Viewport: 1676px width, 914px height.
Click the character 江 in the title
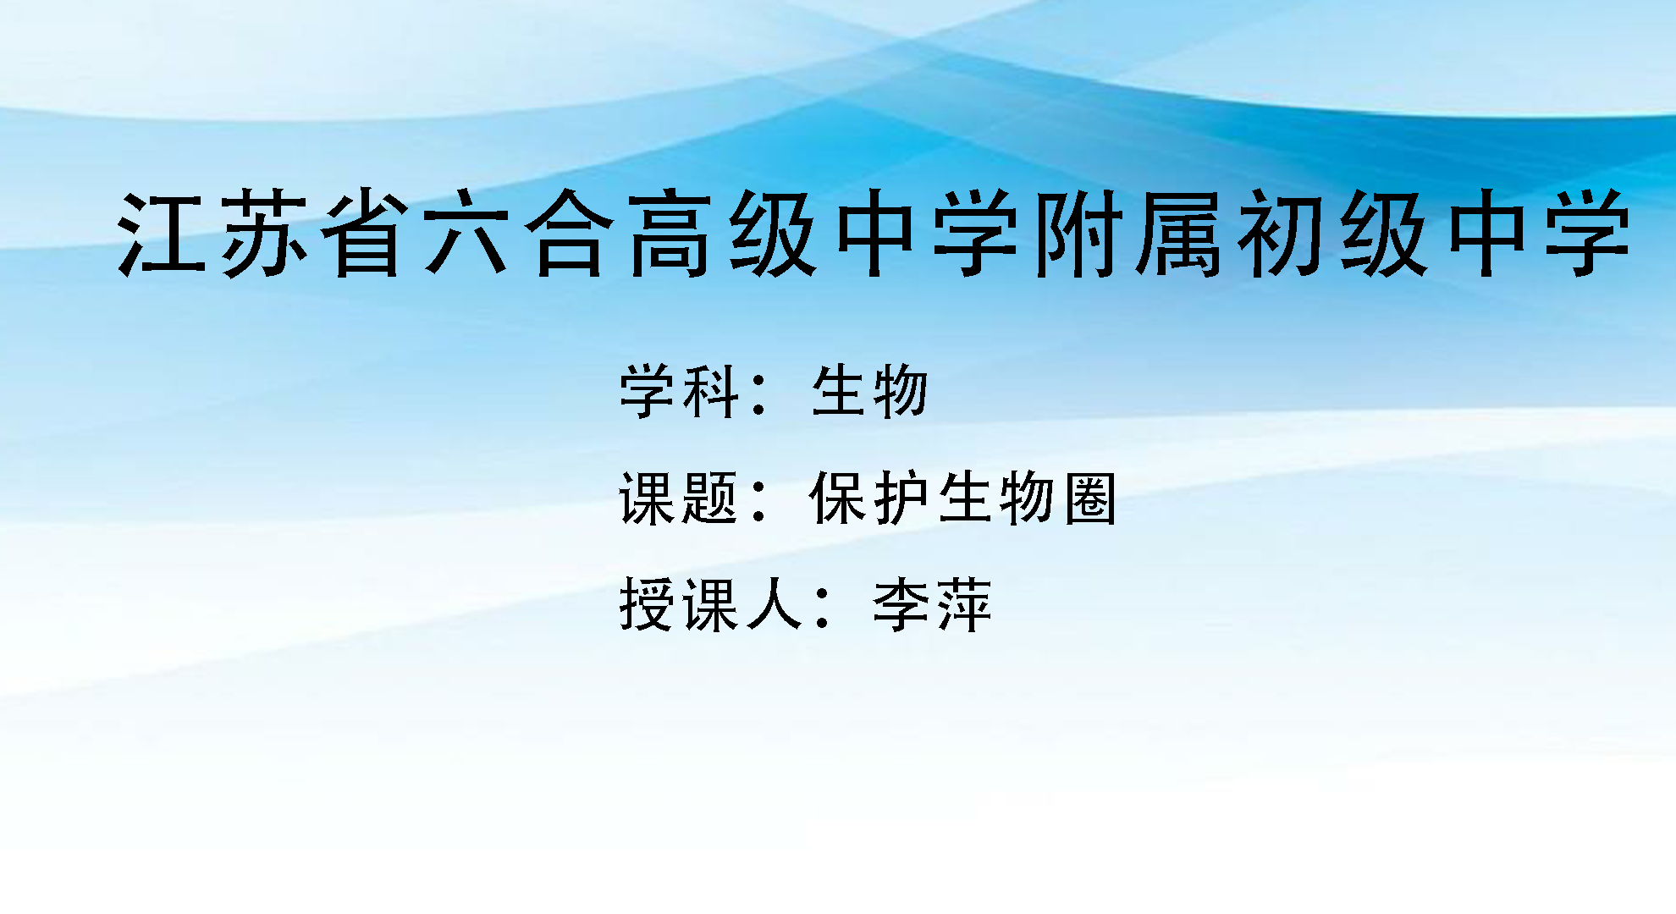162,233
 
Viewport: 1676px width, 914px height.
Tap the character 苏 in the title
263,233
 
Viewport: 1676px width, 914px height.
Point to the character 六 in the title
467,233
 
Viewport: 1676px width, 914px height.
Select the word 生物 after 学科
870,391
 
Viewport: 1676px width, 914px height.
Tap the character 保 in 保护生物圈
838,498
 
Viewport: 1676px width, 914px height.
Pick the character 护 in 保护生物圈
901,498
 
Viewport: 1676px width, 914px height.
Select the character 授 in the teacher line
648,604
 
